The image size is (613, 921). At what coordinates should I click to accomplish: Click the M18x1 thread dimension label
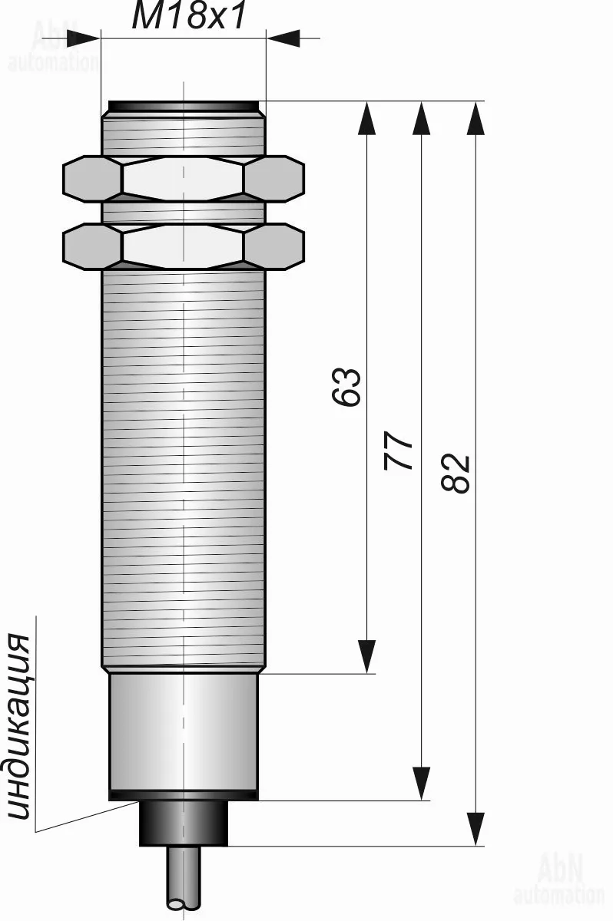pos(189,16)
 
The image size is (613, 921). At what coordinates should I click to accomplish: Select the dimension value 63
pos(346,388)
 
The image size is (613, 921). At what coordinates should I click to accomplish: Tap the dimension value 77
pos(398,451)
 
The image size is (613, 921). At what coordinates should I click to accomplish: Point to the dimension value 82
pos(455,473)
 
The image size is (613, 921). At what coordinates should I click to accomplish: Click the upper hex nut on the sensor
pos(184,179)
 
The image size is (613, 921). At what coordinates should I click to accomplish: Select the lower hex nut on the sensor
pos(184,246)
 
